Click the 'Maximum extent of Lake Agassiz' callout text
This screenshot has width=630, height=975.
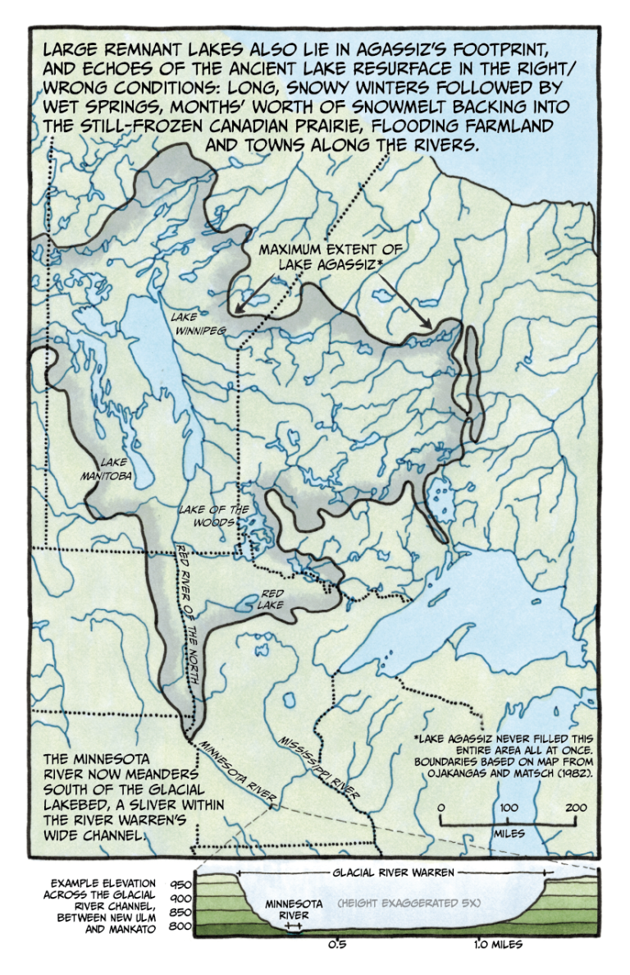322,256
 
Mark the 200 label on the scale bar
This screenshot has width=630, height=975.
575,808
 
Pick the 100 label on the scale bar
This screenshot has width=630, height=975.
509,808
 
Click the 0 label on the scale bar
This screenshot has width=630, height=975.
441,808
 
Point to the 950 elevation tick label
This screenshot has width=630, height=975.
181,885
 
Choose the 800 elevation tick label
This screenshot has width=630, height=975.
181,927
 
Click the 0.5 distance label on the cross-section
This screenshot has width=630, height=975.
336,944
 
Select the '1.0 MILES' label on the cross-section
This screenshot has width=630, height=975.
497,944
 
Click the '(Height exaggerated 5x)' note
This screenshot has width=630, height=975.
408,903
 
